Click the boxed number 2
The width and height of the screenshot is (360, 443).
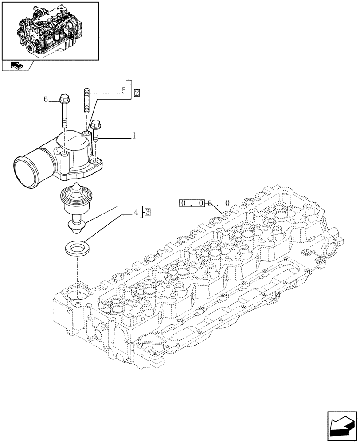[x=137, y=93]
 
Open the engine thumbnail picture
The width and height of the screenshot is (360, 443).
[x=50, y=30]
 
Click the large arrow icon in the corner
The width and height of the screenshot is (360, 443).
[x=341, y=426]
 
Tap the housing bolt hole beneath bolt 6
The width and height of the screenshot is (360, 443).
[x=65, y=153]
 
